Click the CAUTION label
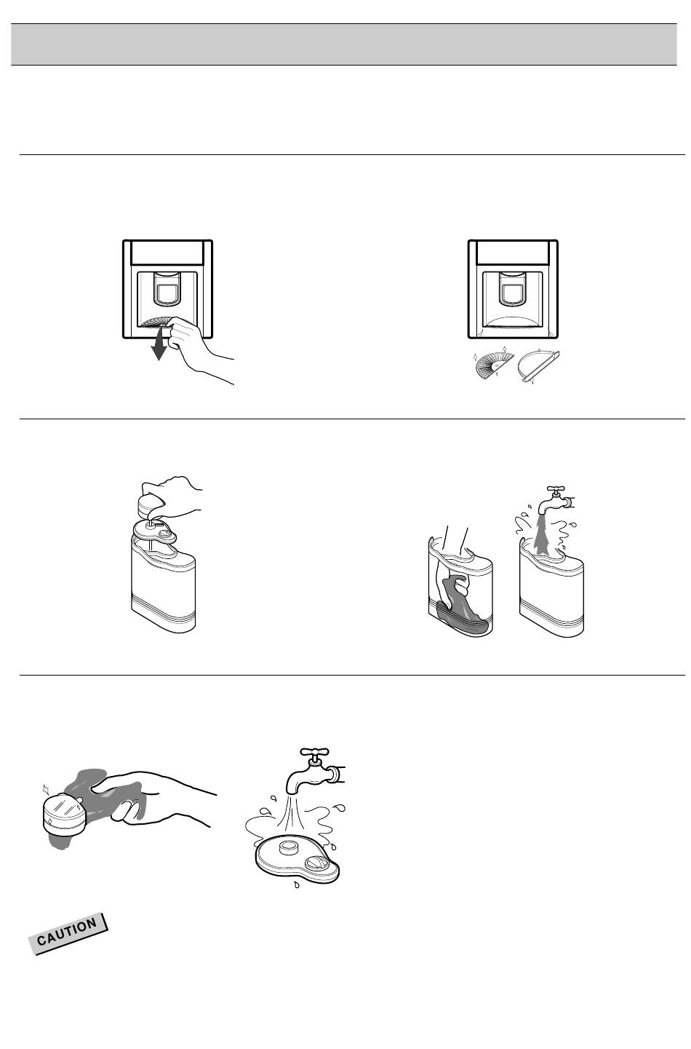pyautogui.click(x=68, y=933)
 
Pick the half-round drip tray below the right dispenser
pyautogui.click(x=538, y=365)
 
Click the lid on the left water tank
pyautogui.click(x=155, y=532)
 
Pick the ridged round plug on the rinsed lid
pyautogui.click(x=316, y=864)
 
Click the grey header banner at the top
pyautogui.click(x=344, y=44)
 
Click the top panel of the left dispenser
pyautogui.click(x=167, y=253)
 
